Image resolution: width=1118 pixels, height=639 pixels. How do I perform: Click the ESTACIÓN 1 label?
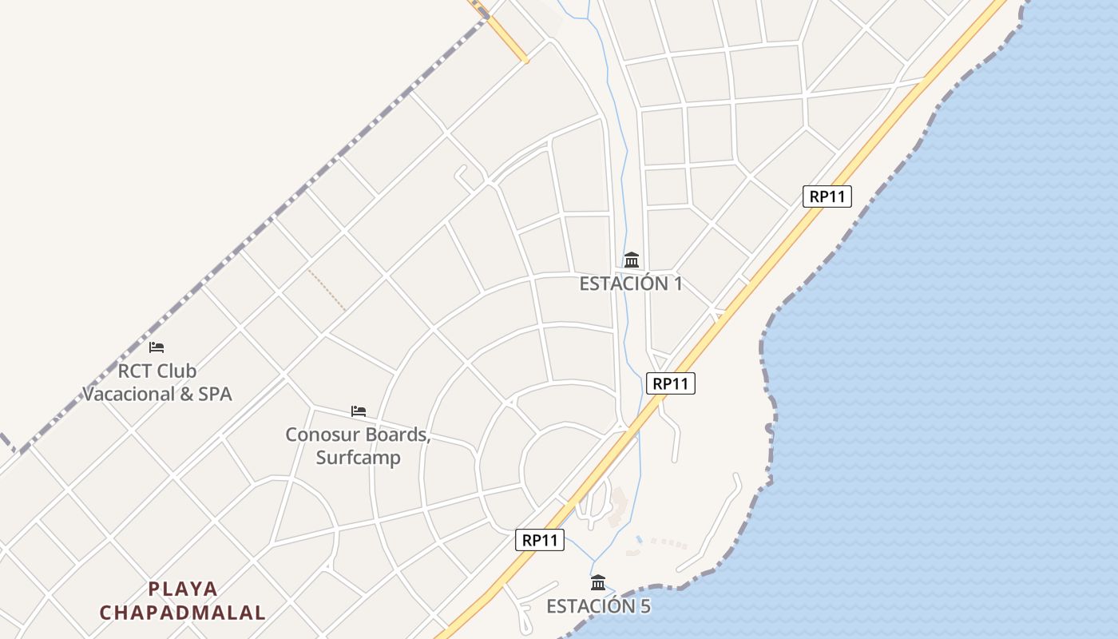pos(631,284)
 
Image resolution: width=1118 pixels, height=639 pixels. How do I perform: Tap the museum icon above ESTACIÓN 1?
pos(632,260)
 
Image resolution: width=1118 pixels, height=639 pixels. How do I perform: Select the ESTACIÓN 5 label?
pos(598,606)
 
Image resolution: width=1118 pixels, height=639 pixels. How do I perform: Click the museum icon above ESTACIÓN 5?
pos(598,582)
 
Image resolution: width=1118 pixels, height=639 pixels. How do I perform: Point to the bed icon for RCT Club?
pos(157,347)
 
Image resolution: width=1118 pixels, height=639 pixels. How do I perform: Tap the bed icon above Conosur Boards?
pos(359,411)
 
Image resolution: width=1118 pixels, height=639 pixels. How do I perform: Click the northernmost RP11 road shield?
pos(827,196)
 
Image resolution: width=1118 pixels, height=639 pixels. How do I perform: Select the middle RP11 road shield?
pos(670,383)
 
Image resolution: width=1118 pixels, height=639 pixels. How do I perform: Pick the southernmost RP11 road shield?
pos(539,540)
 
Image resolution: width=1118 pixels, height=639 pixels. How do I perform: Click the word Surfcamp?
pos(358,458)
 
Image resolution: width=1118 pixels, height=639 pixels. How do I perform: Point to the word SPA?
pos(212,394)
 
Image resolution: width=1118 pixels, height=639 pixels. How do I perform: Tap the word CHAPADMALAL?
pos(182,613)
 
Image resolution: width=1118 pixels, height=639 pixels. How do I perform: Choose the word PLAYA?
pos(183,589)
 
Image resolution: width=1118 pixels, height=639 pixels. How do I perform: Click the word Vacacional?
pos(129,394)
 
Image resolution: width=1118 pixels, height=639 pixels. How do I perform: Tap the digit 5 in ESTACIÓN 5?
pos(644,606)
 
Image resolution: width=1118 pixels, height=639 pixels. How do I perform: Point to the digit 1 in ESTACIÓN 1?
pos(677,284)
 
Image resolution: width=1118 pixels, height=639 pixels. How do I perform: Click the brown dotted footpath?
pos(327,290)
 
